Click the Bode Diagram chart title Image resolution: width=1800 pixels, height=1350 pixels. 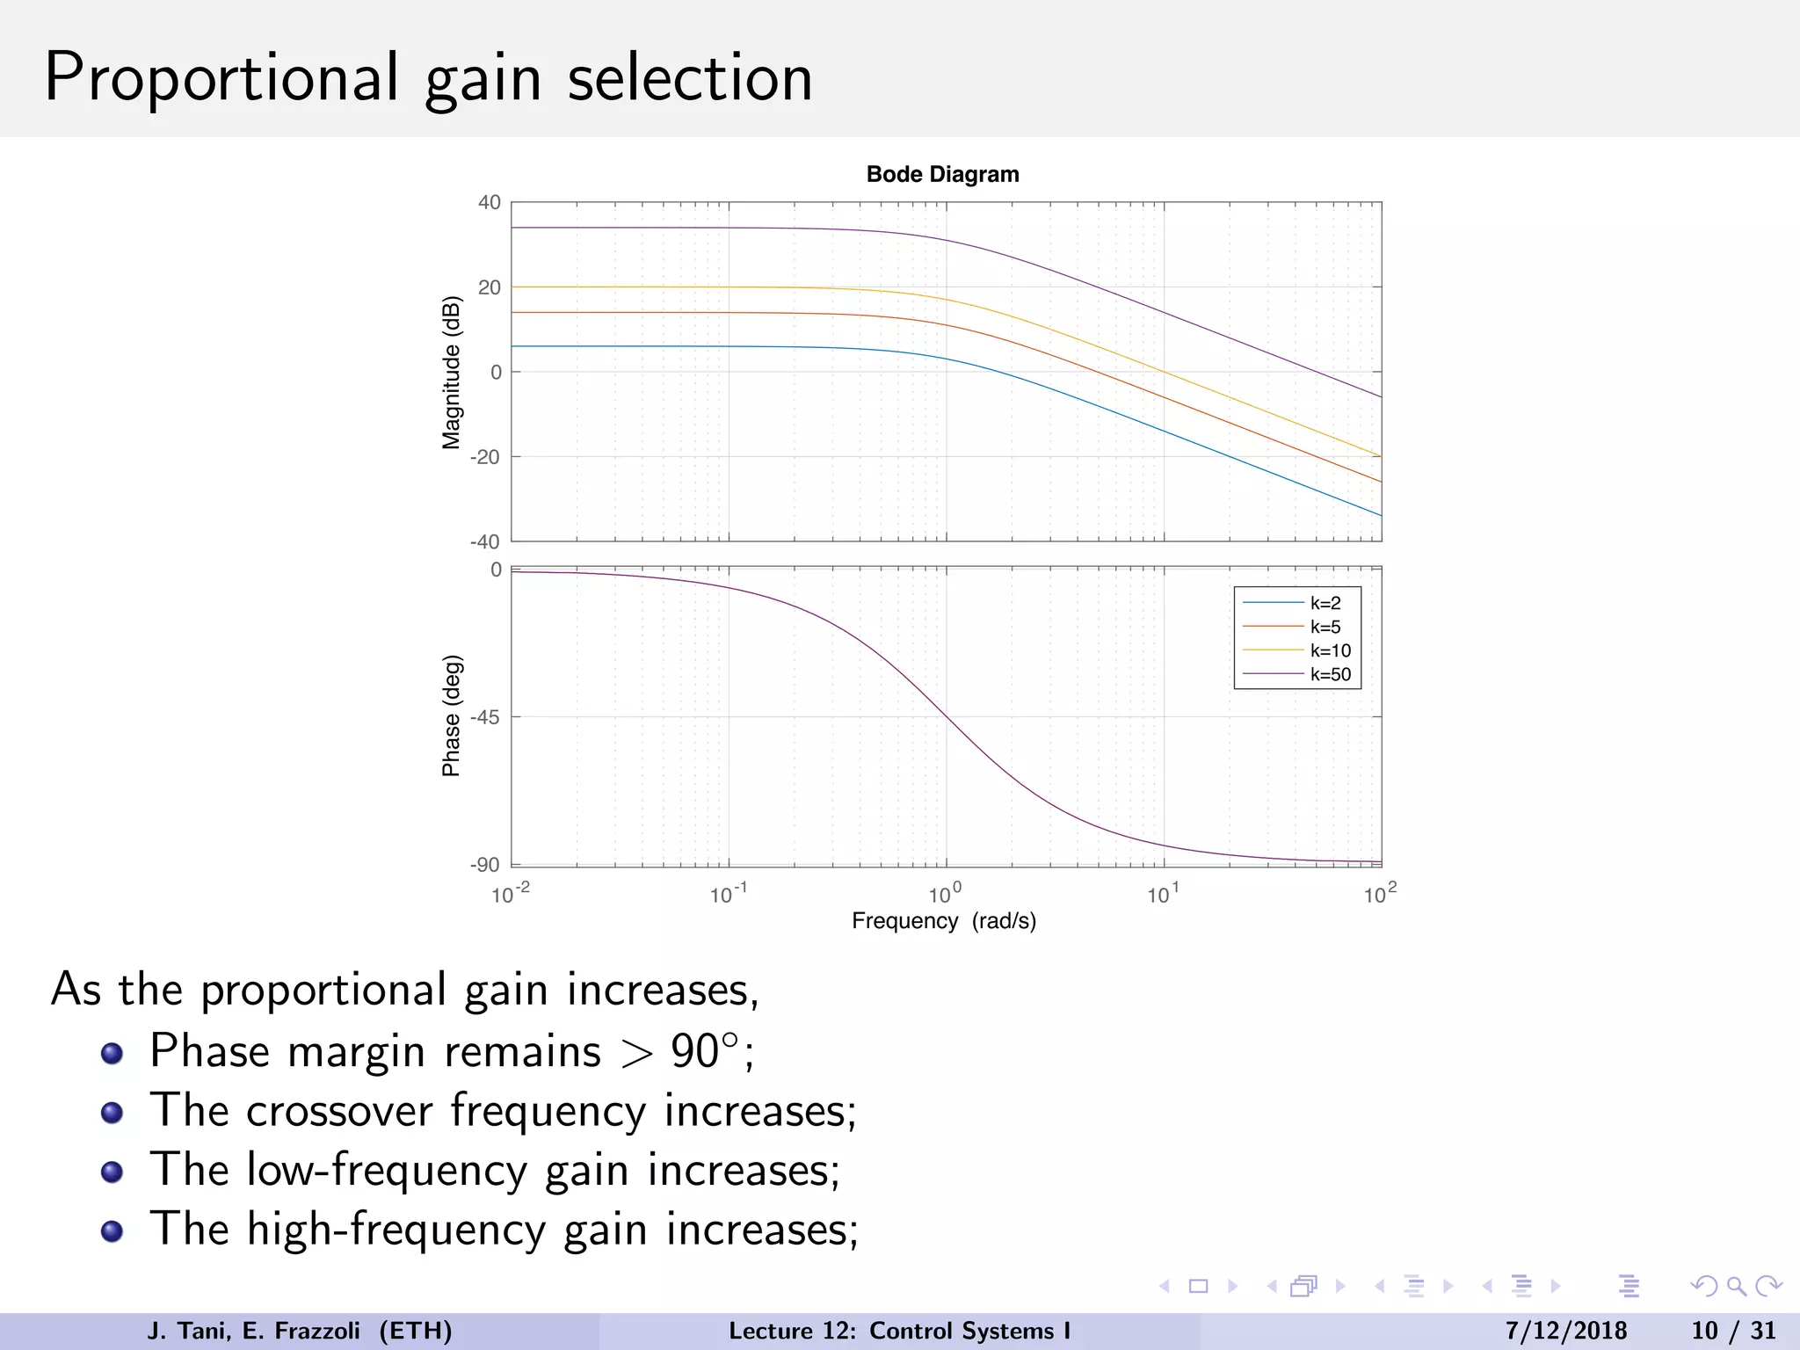(x=942, y=174)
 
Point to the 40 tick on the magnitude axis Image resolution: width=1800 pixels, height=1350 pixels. (x=490, y=202)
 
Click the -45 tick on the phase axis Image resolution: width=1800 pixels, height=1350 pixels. (x=485, y=717)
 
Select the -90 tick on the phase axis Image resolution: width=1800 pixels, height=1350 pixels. (x=485, y=865)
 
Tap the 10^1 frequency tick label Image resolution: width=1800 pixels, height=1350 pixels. (x=1162, y=895)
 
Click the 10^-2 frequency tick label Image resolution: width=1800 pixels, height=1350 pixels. (x=510, y=895)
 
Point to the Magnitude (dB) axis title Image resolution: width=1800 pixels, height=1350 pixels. (x=451, y=372)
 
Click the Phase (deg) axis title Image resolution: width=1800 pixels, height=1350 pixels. (x=451, y=715)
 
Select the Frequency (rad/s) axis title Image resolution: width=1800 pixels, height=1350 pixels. (x=944, y=921)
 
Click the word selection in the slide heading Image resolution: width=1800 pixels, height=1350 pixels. (x=690, y=77)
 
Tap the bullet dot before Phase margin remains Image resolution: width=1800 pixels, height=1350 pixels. (x=112, y=1053)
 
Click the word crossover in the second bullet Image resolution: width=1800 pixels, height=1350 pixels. (x=339, y=1111)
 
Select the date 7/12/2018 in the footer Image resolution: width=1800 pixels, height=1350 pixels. (x=1565, y=1331)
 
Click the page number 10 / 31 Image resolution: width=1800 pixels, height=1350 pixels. (x=1733, y=1331)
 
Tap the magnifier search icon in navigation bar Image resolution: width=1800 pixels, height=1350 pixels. (x=1736, y=1287)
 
